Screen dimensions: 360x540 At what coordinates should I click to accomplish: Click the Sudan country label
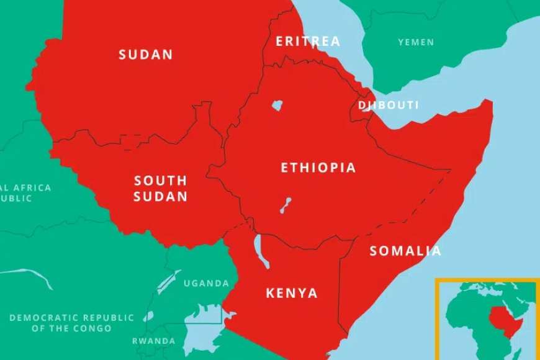[x=146, y=55]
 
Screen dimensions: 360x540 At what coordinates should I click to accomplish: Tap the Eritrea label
[x=308, y=42]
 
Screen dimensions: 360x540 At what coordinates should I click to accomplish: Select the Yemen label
[x=416, y=42]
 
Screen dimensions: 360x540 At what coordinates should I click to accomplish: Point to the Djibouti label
[x=389, y=105]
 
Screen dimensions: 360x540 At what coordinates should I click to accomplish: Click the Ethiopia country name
[x=318, y=168]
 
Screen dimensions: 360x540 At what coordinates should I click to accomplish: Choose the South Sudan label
[x=160, y=189]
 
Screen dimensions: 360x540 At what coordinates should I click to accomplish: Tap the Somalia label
[x=405, y=251]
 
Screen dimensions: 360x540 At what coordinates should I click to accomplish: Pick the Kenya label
[x=292, y=293]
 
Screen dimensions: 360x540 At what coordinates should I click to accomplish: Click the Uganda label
[x=206, y=283]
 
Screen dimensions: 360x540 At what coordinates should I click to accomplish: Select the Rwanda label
[x=153, y=341]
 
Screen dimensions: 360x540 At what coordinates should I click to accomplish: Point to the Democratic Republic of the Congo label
[x=71, y=323]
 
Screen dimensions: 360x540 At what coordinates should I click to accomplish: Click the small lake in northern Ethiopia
[x=277, y=106]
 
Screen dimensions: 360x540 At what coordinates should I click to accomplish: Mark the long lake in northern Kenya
[x=263, y=251]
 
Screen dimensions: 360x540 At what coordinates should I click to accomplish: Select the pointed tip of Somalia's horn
[x=490, y=102]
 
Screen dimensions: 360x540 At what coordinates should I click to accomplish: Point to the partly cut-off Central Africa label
[x=25, y=193]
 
